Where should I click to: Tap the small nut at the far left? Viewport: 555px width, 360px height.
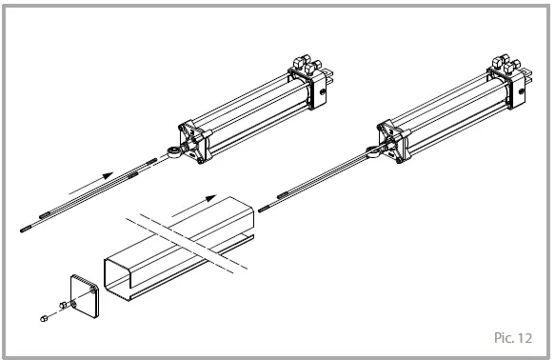coord(45,315)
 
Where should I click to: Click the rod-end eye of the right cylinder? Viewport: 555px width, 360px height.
coord(372,146)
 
